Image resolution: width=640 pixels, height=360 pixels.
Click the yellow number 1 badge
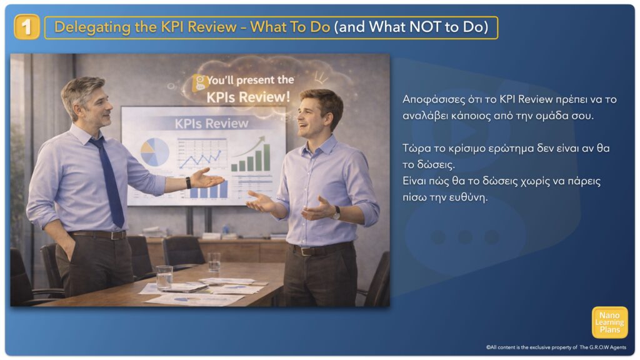click(26, 27)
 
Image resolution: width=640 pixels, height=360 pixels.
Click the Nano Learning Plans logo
click(609, 322)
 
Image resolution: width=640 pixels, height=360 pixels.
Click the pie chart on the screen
click(155, 152)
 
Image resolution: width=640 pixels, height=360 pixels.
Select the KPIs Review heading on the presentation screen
click(211, 123)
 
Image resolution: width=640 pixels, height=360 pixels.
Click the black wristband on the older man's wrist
click(188, 182)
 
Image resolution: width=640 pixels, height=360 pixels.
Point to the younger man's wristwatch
click(336, 212)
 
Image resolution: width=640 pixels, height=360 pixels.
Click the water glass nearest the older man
click(164, 278)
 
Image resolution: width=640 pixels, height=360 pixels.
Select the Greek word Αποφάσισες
click(434, 100)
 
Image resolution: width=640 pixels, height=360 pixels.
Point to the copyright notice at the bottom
click(556, 347)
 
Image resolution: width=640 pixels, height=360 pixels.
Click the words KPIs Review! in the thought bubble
click(248, 97)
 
